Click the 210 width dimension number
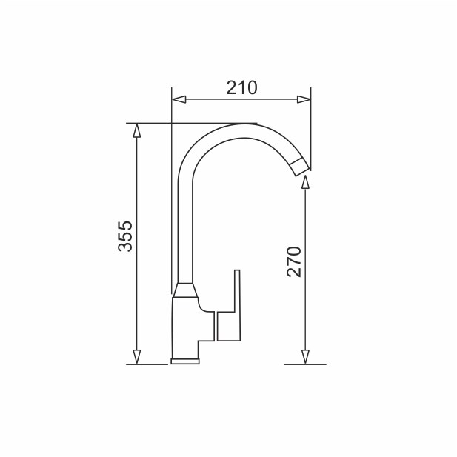pyautogui.click(x=241, y=88)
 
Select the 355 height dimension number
pyautogui.click(x=125, y=236)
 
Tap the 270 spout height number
pyautogui.click(x=294, y=261)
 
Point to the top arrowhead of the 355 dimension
pyautogui.click(x=136, y=130)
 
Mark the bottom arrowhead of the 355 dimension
pyautogui.click(x=136, y=357)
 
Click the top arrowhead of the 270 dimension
pyautogui.click(x=305, y=182)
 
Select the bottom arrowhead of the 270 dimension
pyautogui.click(x=305, y=357)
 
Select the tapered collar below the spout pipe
pyautogui.click(x=184, y=290)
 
